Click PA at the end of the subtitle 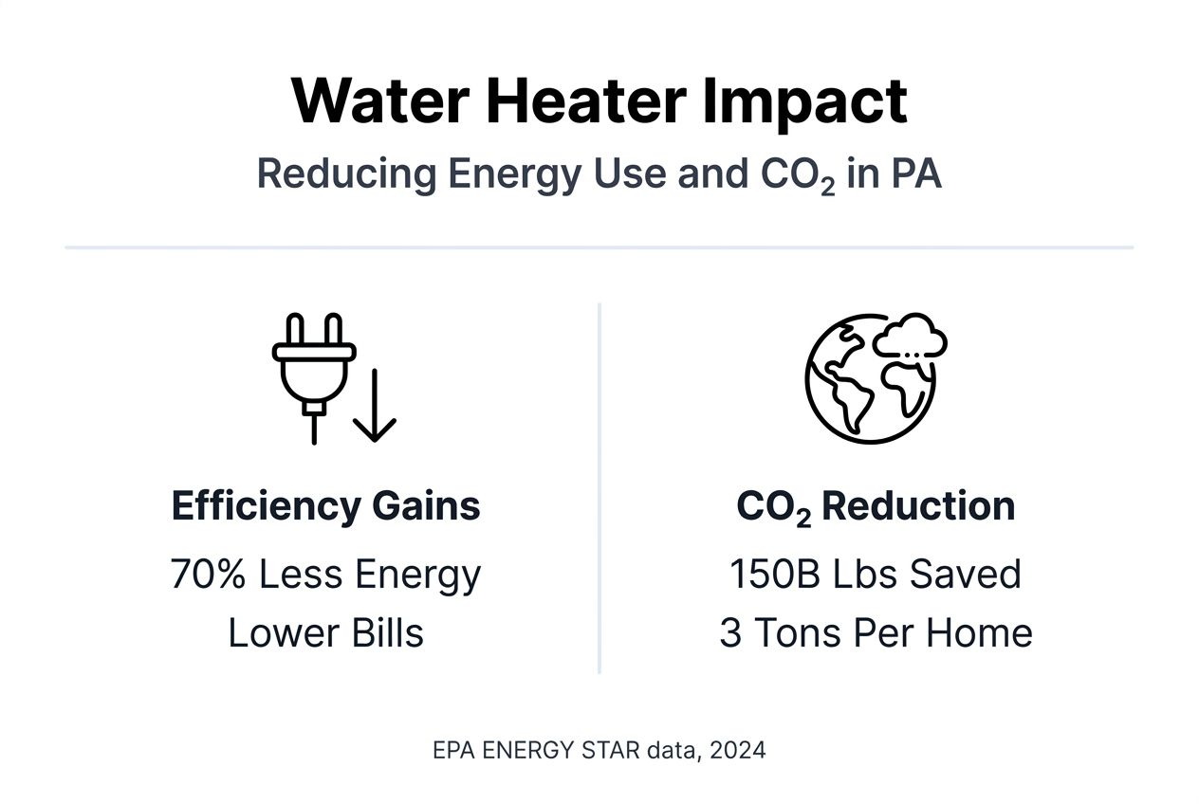coord(916,174)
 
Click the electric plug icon coord(313,375)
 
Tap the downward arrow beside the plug coord(375,405)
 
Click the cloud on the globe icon coord(910,336)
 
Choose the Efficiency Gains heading coord(325,506)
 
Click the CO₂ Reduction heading coord(876,506)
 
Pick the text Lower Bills coord(325,633)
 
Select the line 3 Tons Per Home coord(876,633)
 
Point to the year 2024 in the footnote coord(737,751)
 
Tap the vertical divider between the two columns coord(599,488)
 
